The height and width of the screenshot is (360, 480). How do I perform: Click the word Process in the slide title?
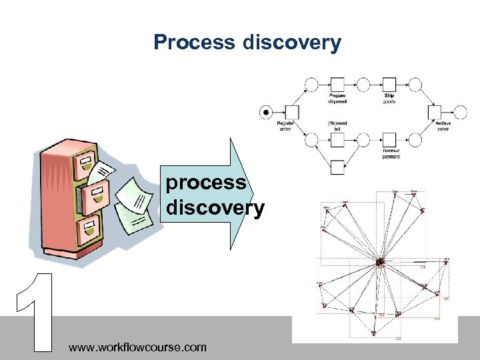[x=193, y=43]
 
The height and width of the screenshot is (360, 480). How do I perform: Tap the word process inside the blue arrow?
[x=206, y=183]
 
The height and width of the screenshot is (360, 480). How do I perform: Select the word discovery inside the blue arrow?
[x=215, y=209]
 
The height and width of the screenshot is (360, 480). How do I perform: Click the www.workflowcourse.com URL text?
[x=137, y=347]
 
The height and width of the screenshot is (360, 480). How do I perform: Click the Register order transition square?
[x=291, y=112]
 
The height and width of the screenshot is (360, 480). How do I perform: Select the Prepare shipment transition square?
[x=337, y=85]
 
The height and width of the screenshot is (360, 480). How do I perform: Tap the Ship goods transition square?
[x=389, y=85]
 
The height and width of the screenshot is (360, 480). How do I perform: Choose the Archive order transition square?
[x=435, y=112]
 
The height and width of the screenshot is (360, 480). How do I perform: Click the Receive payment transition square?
[x=389, y=139]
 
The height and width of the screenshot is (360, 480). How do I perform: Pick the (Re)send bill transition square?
[x=337, y=139]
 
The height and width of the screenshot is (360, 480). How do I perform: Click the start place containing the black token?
[x=266, y=112]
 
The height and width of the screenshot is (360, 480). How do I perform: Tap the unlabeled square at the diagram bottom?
[x=337, y=167]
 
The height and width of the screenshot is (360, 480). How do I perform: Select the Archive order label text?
[x=443, y=125]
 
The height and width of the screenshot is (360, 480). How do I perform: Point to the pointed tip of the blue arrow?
[x=255, y=194]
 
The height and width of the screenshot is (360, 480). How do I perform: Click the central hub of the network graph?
[x=381, y=262]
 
